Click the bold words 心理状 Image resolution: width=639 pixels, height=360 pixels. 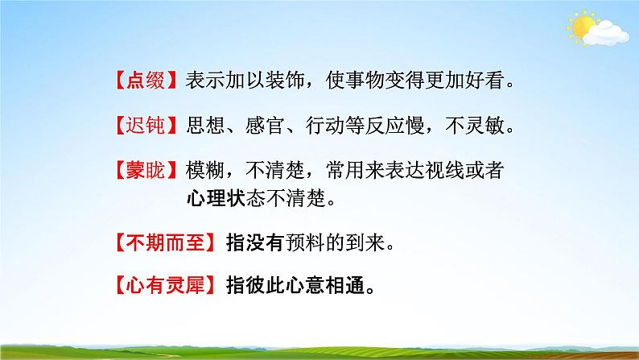pyautogui.click(x=211, y=197)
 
